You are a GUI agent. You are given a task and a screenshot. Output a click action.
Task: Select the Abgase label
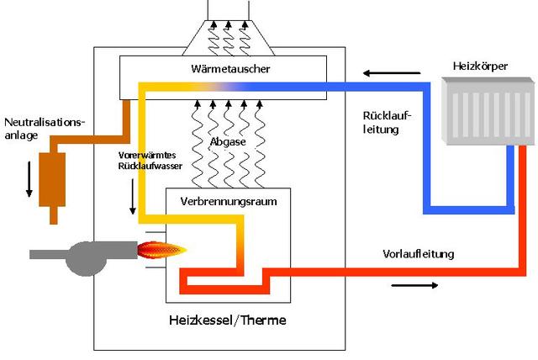[x=229, y=142]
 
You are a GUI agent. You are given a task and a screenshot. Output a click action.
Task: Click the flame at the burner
[x=163, y=249]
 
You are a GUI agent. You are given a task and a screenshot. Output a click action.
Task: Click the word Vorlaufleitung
[x=418, y=254]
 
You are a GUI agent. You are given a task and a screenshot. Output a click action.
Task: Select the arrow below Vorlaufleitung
[x=414, y=285]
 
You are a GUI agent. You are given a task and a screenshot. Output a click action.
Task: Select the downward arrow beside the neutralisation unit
[x=29, y=177]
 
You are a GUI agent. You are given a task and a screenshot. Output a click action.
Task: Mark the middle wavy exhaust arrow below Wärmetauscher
[x=229, y=126]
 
